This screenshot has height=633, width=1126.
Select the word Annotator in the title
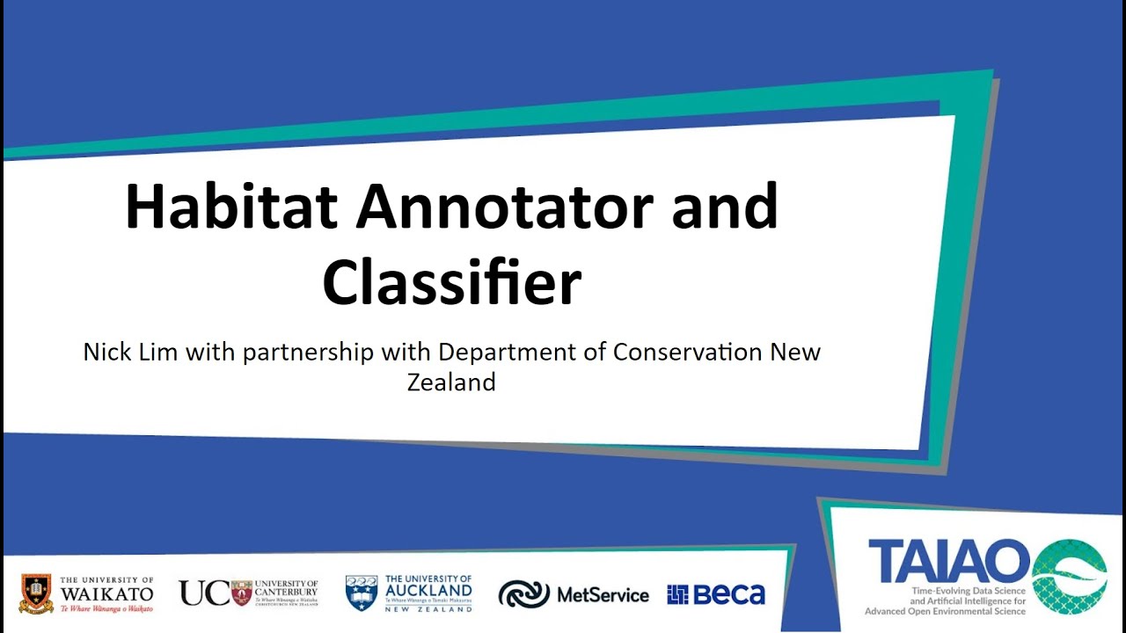tap(504, 207)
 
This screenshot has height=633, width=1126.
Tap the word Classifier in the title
tap(452, 282)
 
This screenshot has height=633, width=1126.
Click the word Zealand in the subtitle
tap(451, 382)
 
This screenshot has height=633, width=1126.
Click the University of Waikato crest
tap(36, 593)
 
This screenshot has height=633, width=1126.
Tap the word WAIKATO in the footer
tap(107, 594)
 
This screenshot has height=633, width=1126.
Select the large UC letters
tap(204, 593)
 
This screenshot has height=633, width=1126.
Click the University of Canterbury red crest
tap(241, 593)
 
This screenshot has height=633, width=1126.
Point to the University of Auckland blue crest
tap(361, 593)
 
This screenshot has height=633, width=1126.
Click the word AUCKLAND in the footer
tap(428, 592)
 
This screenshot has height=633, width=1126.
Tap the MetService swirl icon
tap(523, 595)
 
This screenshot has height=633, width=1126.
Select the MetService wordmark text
tap(603, 595)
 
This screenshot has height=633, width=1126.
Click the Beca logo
tap(716, 595)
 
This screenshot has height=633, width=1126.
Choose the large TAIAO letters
tap(948, 561)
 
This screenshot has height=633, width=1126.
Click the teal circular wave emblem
tap(1069, 576)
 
